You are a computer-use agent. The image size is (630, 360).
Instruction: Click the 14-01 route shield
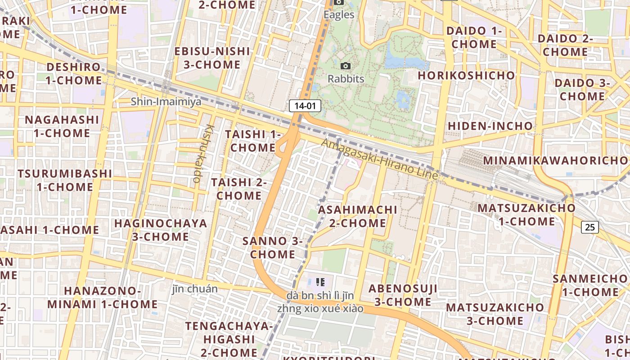pyautogui.click(x=305, y=106)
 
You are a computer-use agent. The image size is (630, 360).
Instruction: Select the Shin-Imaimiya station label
pyautogui.click(x=166, y=102)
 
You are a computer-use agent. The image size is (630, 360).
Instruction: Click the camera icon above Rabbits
pyautogui.click(x=346, y=66)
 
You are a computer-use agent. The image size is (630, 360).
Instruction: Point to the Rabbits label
pyautogui.click(x=346, y=79)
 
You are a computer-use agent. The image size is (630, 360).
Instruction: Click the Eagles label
pyautogui.click(x=339, y=15)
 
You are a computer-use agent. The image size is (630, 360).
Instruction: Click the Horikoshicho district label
pyautogui.click(x=466, y=75)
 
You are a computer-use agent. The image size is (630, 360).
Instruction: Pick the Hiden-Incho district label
pyautogui.click(x=490, y=126)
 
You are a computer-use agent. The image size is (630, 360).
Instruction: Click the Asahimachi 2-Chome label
pyautogui.click(x=358, y=216)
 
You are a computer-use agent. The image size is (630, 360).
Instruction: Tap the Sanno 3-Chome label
pyautogui.click(x=273, y=247)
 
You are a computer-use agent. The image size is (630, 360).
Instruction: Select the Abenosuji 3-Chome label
pyautogui.click(x=403, y=295)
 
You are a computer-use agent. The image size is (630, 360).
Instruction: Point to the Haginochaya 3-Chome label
pyautogui.click(x=161, y=230)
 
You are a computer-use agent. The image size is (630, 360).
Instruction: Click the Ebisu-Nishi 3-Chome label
pyautogui.click(x=211, y=58)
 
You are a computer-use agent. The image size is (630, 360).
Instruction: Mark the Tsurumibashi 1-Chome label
pyautogui.click(x=65, y=180)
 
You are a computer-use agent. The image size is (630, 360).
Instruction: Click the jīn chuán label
pyautogui.click(x=195, y=289)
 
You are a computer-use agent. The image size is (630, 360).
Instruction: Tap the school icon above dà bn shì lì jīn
pyautogui.click(x=320, y=282)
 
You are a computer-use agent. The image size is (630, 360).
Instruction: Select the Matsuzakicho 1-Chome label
pyautogui.click(x=526, y=215)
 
